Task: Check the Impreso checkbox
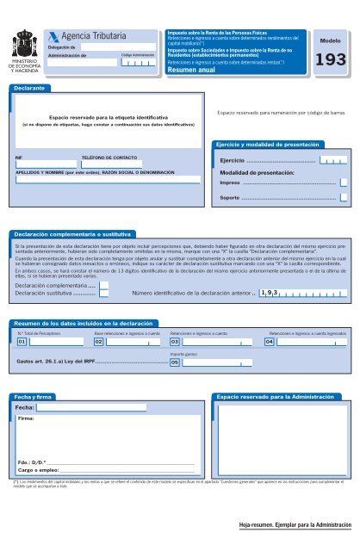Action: tap(344, 183)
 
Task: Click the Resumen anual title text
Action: tap(195, 71)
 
